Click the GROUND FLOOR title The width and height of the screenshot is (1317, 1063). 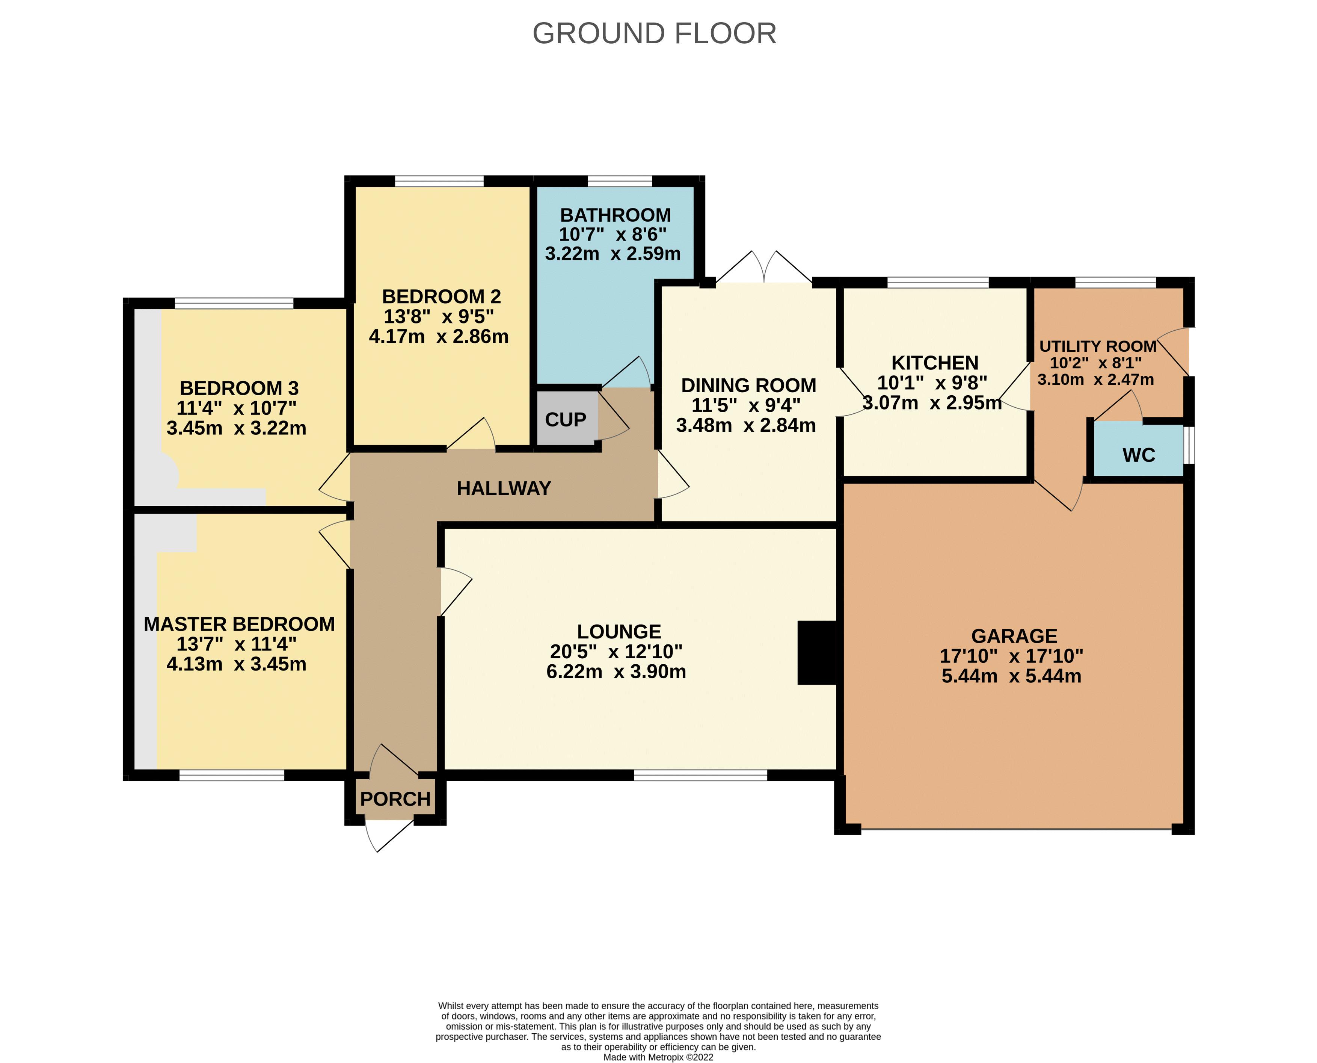tap(654, 34)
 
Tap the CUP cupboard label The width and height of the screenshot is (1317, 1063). tap(566, 419)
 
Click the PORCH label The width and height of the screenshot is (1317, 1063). tap(395, 799)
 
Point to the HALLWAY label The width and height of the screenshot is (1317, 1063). tap(504, 488)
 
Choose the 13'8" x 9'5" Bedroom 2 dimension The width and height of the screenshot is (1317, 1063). tap(439, 317)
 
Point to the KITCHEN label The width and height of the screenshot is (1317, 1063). tap(934, 363)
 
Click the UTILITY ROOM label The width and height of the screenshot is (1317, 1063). tap(1097, 346)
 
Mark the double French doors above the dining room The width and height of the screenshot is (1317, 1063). tap(764, 269)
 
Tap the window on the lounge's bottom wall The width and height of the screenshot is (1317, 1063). tap(700, 775)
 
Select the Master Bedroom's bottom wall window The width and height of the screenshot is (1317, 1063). tap(232, 775)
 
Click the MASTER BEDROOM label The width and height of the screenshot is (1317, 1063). tap(239, 624)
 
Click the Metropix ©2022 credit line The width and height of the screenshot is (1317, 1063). tap(658, 1057)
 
